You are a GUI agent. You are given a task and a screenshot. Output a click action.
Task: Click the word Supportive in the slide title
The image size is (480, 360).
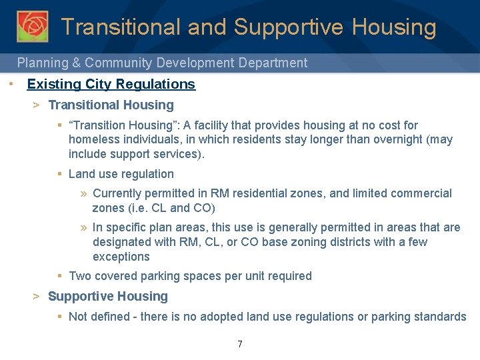point(289,27)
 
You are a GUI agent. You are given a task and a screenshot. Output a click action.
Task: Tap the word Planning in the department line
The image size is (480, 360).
point(41,63)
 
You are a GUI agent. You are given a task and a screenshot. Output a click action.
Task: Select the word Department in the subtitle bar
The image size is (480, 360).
point(272,63)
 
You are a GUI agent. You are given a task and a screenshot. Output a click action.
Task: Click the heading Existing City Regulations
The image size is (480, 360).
point(111,84)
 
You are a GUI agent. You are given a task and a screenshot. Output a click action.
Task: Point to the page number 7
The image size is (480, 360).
point(240,344)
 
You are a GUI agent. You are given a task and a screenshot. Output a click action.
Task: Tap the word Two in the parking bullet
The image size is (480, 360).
point(80,276)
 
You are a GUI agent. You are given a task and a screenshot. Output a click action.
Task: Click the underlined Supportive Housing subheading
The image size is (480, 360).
point(108,296)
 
